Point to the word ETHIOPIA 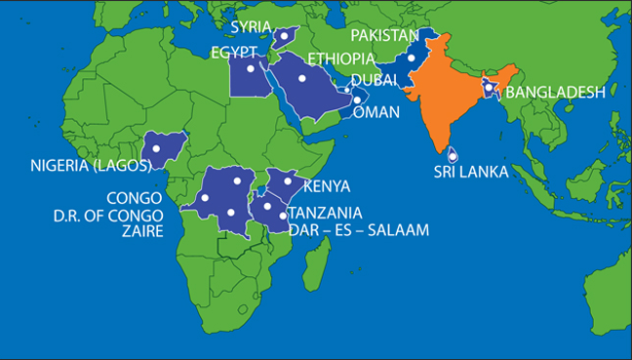pyautogui.click(x=340, y=59)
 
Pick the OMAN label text pyautogui.click(x=376, y=112)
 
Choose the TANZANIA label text pyautogui.click(x=326, y=213)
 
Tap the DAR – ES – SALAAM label pyautogui.click(x=359, y=230)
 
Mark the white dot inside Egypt pyautogui.click(x=251, y=69)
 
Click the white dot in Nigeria pyautogui.click(x=156, y=148)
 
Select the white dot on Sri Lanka pyautogui.click(x=452, y=152)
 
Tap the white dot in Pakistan pyautogui.click(x=412, y=58)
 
